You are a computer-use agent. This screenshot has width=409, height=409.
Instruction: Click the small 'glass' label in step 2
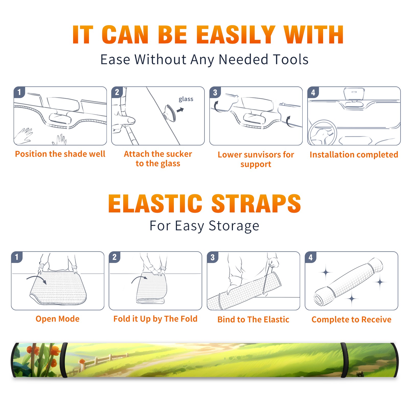tap(186, 99)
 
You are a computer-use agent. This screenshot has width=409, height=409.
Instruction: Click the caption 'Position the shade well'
tap(60, 154)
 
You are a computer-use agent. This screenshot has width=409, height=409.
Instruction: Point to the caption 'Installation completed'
tap(354, 155)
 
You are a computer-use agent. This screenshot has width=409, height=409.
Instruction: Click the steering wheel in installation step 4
tap(323, 133)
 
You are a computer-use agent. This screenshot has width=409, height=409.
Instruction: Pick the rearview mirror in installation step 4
tap(354, 94)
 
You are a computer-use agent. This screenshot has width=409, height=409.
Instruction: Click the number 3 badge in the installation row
tap(215, 92)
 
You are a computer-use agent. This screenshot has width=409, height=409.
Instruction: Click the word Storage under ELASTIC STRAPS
tap(234, 226)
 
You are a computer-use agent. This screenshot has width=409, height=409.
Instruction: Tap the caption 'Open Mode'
tap(58, 319)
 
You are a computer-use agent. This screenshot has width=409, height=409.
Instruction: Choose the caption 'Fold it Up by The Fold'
tap(155, 319)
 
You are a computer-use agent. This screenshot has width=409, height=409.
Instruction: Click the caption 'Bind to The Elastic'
tap(253, 320)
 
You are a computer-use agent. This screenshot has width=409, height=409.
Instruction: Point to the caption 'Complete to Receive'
tap(351, 320)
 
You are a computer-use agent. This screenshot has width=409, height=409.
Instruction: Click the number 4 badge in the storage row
tap(311, 257)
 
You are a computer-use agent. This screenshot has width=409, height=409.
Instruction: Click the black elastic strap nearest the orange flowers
tap(64, 360)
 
